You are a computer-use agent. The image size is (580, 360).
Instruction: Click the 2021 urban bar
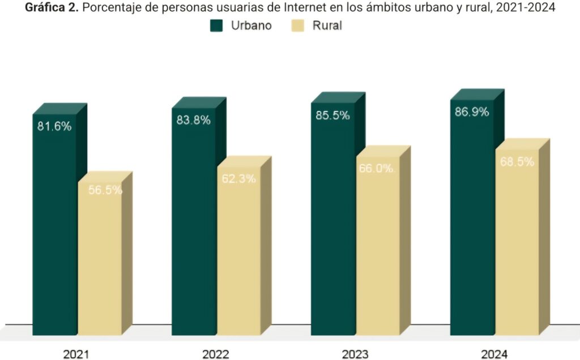coord(54,226)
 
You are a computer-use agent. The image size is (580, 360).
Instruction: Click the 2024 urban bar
coord(472,221)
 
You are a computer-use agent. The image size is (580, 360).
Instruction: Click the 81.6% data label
coord(54,127)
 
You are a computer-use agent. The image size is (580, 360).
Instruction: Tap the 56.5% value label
coord(105,190)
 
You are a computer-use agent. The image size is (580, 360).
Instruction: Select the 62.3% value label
coord(238,179)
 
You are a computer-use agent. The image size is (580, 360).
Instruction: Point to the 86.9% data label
coord(472,112)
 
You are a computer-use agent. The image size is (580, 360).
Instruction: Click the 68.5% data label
coord(517,162)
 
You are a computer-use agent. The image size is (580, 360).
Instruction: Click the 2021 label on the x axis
coord(76,354)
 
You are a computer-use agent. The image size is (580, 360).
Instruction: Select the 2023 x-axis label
coord(355,354)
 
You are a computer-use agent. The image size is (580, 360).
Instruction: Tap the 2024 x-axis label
coord(494,354)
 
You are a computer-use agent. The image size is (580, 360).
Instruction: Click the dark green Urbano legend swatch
coord(217,25)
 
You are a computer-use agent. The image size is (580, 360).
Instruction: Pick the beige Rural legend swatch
coord(298,25)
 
